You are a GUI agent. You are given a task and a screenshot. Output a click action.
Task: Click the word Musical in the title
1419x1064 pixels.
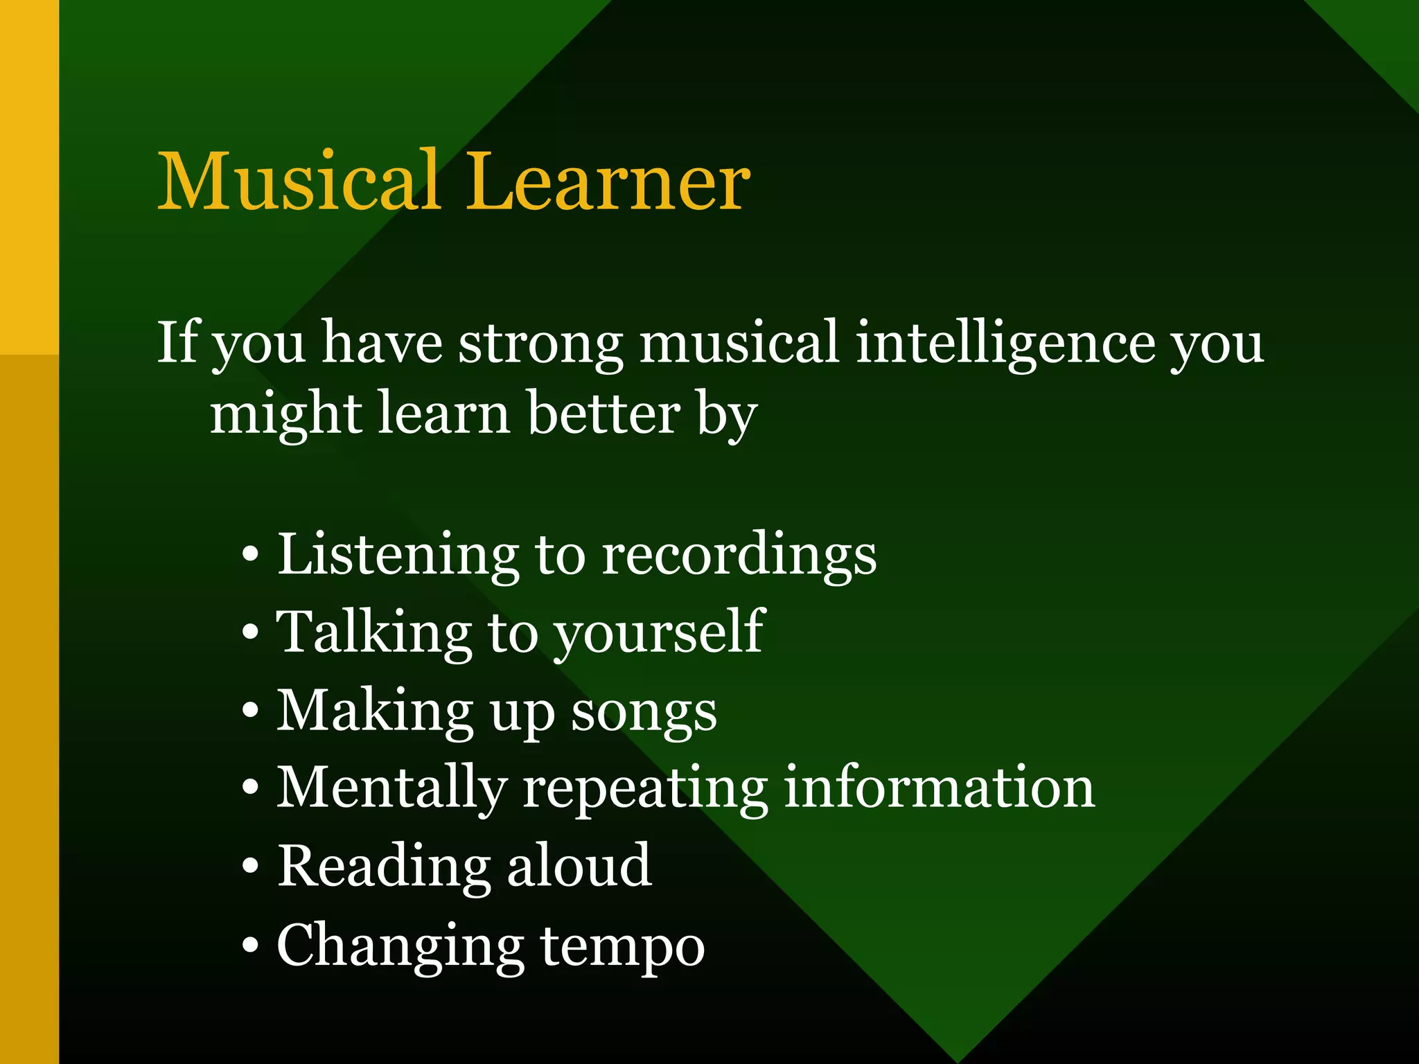299,181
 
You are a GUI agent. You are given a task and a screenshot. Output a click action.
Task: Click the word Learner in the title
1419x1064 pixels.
608,181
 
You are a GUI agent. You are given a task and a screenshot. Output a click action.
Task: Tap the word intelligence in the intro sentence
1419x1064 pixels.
1005,343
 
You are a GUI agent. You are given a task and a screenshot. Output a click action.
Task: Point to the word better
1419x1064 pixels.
603,414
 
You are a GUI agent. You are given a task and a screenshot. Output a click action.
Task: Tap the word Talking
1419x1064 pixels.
374,633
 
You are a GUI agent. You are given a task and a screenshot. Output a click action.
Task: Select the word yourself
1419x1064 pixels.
659,633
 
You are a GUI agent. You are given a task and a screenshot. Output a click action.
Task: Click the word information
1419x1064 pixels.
939,788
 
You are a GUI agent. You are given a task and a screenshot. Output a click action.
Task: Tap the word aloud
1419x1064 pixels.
579,866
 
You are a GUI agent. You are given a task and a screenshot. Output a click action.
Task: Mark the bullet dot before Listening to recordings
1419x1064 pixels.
251,554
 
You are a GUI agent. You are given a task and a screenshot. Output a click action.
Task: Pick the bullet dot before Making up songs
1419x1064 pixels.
251,710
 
